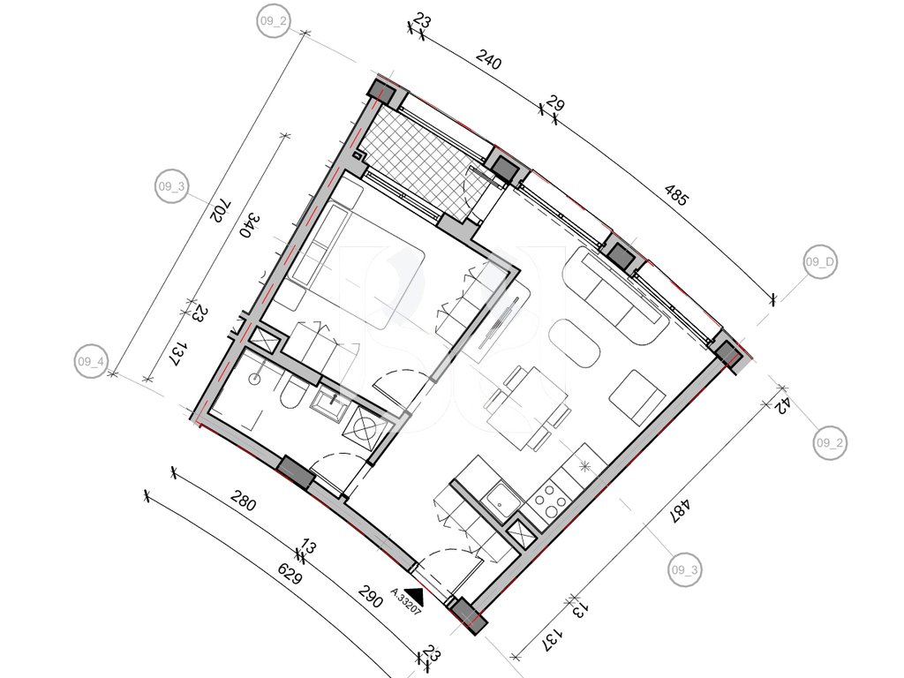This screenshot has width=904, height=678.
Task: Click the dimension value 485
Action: [x=676, y=195]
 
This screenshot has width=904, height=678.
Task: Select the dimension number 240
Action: [x=489, y=59]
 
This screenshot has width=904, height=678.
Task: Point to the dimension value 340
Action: [x=252, y=225]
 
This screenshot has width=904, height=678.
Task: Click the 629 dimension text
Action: [x=290, y=574]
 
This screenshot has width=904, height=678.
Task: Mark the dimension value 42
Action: [x=781, y=406]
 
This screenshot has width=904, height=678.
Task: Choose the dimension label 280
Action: [x=243, y=501]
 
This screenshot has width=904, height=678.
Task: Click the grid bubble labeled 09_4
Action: [x=91, y=362]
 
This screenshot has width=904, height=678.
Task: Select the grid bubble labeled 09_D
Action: [x=820, y=261]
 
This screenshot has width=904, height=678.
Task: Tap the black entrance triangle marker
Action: [x=415, y=594]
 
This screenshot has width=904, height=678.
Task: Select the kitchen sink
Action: [x=500, y=500]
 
